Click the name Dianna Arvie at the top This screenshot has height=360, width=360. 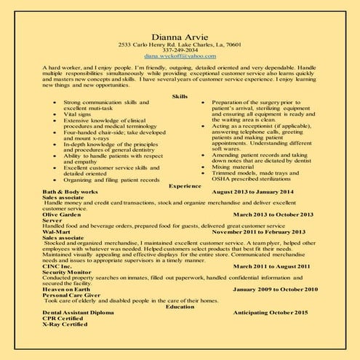(179, 36)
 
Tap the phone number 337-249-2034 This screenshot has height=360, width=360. (179, 50)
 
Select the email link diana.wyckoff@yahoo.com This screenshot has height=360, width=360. (179, 56)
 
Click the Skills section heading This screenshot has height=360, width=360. (180, 96)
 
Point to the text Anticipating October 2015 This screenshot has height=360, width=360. (272, 312)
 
